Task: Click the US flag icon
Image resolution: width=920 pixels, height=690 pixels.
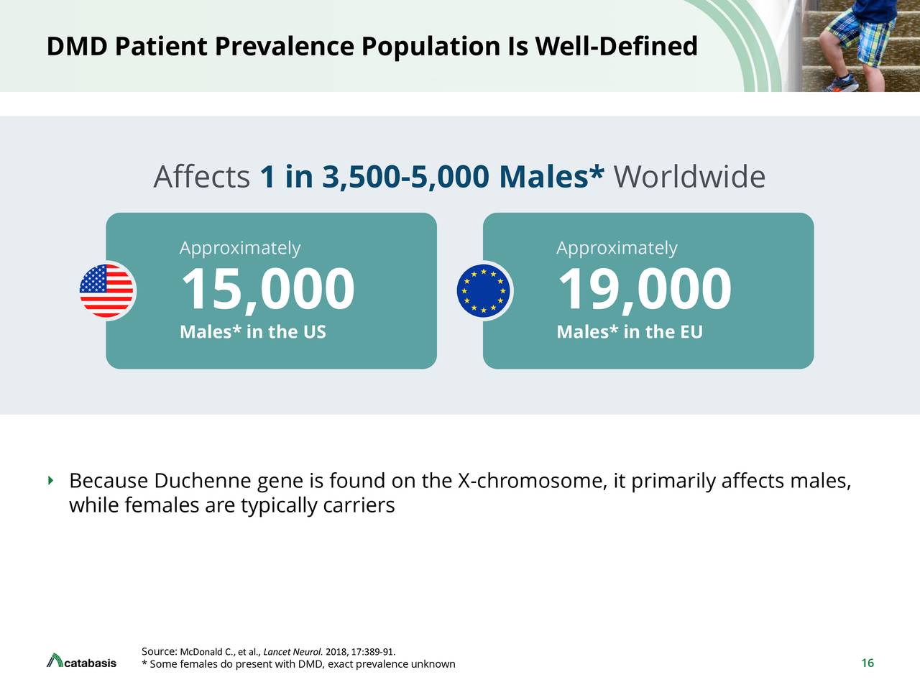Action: click(106, 291)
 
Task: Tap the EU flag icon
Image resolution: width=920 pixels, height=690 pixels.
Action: click(484, 291)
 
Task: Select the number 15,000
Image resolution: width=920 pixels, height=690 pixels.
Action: click(267, 289)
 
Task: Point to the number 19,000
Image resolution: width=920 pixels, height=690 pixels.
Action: click(644, 289)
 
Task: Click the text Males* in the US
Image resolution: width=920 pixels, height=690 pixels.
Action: click(252, 332)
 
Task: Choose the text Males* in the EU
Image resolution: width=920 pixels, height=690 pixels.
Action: click(629, 332)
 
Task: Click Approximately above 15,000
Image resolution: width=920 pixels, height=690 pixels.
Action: click(239, 248)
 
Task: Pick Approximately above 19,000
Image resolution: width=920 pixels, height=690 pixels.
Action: click(616, 248)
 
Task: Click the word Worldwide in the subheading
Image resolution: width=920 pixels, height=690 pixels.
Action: click(689, 177)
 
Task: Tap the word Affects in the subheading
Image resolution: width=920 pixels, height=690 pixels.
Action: click(201, 177)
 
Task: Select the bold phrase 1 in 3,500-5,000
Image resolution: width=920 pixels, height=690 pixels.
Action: click(374, 177)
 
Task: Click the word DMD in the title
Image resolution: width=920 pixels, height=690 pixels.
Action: click(77, 47)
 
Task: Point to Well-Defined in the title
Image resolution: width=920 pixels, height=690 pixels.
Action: click(616, 47)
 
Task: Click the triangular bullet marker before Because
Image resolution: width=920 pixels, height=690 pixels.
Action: click(50, 479)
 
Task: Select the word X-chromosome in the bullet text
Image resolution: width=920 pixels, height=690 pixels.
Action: click(530, 480)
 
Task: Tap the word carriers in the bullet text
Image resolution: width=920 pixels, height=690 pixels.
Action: click(359, 505)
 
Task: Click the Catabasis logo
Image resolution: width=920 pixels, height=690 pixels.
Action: click(81, 661)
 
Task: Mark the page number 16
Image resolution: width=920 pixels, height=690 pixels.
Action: click(867, 663)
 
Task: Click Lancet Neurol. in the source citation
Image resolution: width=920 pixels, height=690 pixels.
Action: click(293, 653)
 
